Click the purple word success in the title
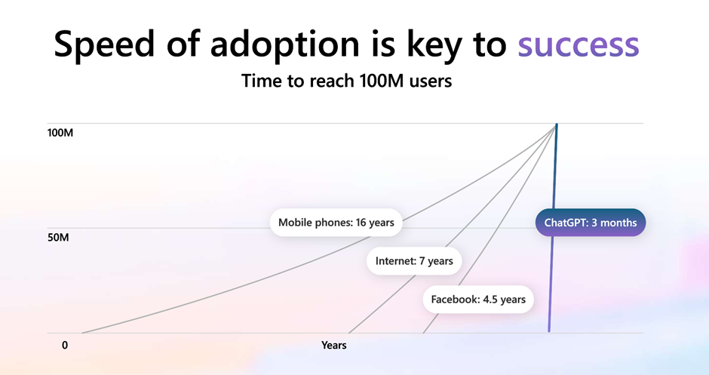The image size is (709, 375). pos(579,45)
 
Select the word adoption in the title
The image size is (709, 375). pos(284,45)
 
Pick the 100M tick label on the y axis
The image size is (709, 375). pos(60,133)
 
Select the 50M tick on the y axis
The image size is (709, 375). pos(58,238)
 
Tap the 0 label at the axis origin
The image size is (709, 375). pos(65,345)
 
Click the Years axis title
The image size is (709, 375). pos(333,345)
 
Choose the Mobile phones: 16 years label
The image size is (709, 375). pos(336,223)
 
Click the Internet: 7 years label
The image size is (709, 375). pos(414,261)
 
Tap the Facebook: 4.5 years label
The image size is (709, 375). pos(478,300)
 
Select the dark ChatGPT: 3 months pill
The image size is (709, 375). pos(591,223)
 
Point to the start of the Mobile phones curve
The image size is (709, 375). pos(82,333)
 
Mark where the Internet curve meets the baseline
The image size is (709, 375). pos(348,333)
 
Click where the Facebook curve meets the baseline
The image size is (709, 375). pos(423,333)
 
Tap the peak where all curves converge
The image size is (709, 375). pos(556,125)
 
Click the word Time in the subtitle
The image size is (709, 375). pos(259,81)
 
